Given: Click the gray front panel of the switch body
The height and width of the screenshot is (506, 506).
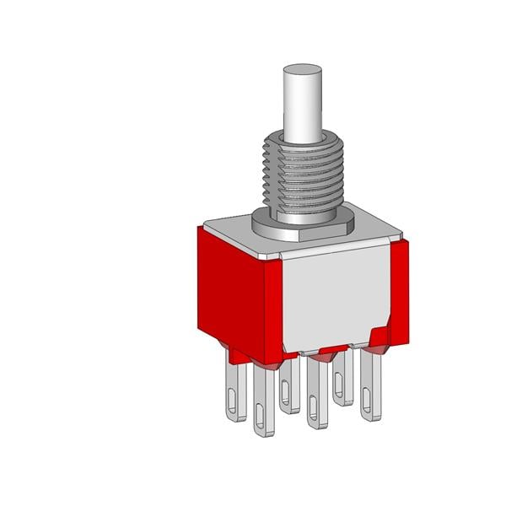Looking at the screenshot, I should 333,299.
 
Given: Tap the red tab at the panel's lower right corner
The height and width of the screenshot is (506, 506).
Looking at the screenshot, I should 380,337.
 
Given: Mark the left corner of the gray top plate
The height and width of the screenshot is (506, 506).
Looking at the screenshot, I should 200,226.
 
